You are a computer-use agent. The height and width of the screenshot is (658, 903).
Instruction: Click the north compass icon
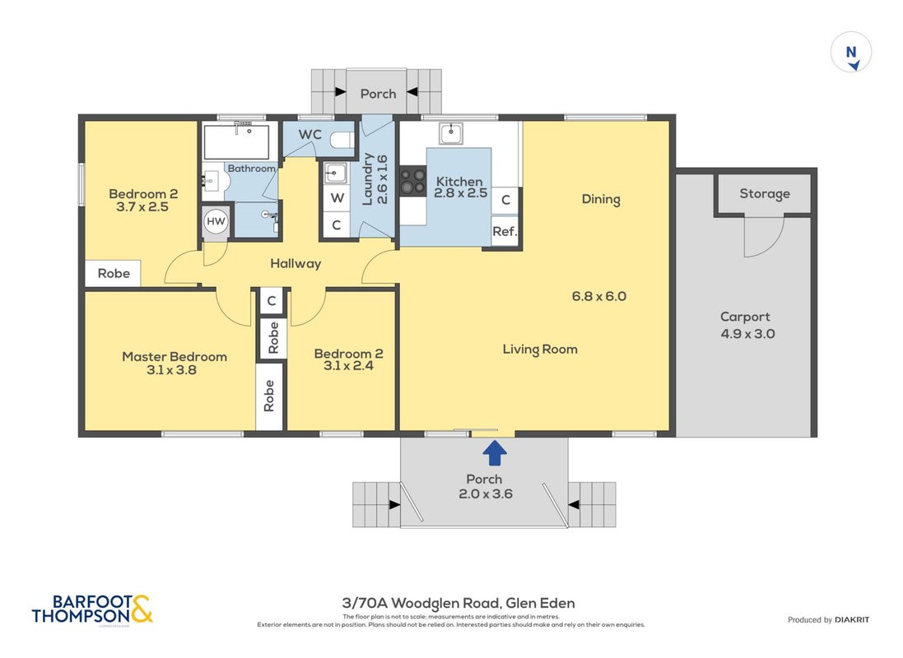850,53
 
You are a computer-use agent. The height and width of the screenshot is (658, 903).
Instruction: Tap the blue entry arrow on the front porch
494,452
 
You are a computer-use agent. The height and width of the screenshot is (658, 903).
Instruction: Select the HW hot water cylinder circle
216,221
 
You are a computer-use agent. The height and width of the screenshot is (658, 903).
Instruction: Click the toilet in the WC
342,139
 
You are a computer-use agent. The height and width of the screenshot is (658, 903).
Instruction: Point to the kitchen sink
451,133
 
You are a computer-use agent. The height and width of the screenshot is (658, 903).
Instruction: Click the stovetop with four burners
413,180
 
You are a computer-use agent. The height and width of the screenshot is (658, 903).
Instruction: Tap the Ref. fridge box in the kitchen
505,231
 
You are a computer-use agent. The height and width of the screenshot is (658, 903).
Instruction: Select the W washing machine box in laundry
337,198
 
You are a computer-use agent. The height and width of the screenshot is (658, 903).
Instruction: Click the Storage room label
764,193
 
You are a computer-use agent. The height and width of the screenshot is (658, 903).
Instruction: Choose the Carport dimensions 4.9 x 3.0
747,334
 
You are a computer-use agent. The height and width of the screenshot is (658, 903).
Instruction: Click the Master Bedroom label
175,356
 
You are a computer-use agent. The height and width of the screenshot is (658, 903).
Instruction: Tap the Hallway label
296,264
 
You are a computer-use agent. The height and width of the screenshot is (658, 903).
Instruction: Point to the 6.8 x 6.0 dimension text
599,296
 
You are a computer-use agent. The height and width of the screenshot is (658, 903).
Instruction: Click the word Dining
601,199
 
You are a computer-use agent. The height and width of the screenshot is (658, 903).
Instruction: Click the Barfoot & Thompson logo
92,609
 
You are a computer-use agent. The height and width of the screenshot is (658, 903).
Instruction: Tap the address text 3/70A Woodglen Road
421,604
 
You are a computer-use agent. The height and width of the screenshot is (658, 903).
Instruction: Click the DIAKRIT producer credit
852,620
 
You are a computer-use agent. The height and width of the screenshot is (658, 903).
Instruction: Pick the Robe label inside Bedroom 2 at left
114,273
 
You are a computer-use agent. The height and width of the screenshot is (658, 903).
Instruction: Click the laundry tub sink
335,173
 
